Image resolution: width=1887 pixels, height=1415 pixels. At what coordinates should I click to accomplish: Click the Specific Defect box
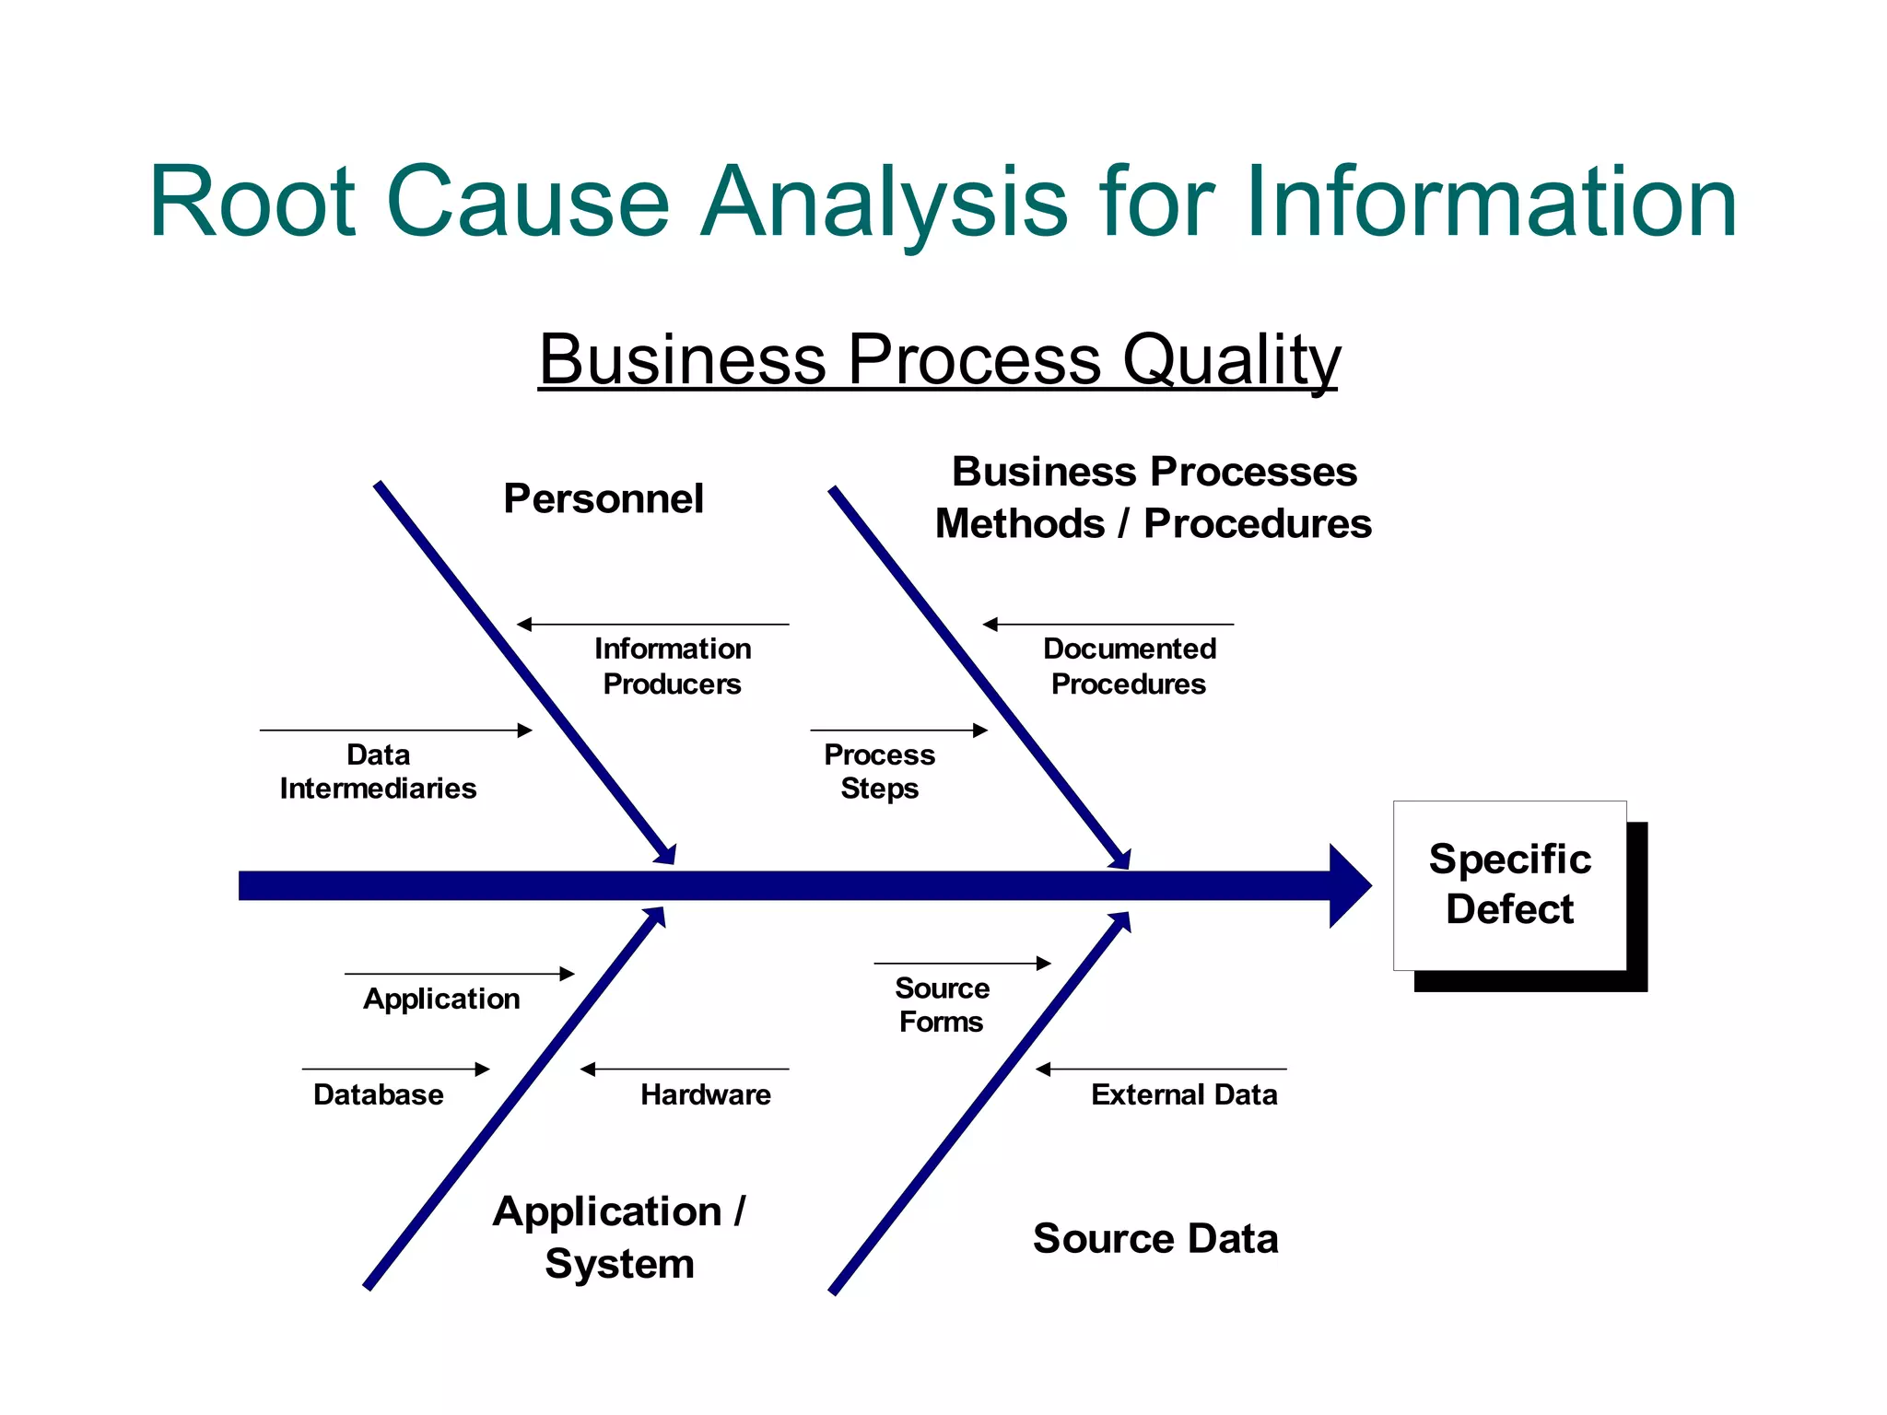1509,884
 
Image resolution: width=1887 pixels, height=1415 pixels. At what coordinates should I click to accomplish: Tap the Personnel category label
604,498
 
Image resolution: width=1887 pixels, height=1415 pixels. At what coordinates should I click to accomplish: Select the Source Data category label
1155,1238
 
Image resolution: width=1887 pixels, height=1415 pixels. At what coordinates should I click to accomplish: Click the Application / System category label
619,1237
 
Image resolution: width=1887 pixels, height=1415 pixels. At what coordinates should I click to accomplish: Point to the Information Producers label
673,666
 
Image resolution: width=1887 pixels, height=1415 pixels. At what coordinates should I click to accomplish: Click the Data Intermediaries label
378,771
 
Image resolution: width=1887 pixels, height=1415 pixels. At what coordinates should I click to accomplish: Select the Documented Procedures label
1130,666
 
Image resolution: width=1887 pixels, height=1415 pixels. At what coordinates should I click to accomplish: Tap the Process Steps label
879,771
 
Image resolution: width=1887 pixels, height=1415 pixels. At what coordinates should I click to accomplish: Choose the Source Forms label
942,1005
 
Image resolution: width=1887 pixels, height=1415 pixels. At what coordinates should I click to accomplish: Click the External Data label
1184,1094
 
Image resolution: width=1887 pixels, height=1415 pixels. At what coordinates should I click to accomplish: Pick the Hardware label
706,1094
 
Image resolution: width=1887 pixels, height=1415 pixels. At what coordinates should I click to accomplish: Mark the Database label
379,1094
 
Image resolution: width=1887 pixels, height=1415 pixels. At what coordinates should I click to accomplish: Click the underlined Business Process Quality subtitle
939,359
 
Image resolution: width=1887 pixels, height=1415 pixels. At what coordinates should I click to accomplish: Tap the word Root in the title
252,202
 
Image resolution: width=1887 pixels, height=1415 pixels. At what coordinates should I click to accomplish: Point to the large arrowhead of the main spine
1349,885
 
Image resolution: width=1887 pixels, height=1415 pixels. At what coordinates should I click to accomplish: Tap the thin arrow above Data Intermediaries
396,731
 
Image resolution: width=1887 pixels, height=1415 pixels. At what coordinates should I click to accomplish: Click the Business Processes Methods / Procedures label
1154,497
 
